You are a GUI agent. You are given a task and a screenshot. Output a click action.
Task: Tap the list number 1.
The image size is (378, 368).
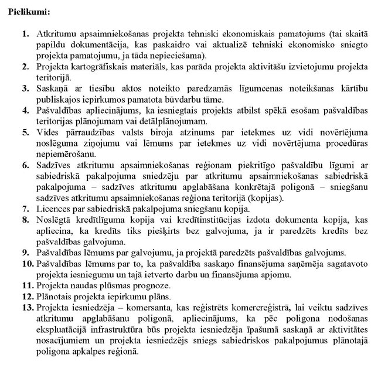[25, 36]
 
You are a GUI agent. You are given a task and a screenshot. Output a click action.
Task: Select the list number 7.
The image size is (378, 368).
[25, 209]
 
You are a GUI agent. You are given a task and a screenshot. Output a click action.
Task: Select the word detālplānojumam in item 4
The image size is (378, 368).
[175, 122]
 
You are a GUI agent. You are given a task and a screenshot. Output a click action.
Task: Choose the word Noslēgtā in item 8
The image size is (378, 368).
[53, 220]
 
